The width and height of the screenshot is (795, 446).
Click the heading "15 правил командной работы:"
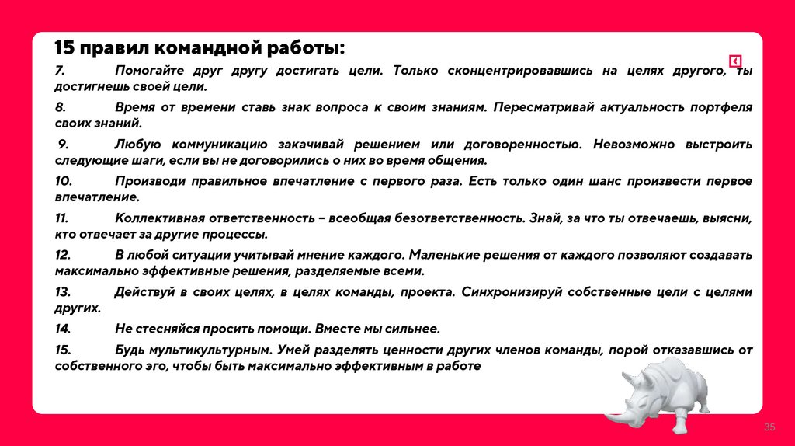click(x=200, y=49)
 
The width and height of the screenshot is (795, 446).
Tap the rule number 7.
click(x=59, y=71)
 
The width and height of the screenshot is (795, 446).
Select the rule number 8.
click(x=60, y=107)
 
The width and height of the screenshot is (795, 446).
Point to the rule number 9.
click(x=64, y=145)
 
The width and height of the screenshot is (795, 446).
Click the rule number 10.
click(x=63, y=181)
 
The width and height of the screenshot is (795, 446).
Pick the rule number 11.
click(x=61, y=218)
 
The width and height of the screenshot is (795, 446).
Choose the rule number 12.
click(x=63, y=255)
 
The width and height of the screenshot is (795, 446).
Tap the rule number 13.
click(x=63, y=292)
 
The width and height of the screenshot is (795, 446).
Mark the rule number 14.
click(x=63, y=329)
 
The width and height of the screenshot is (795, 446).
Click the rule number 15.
click(x=63, y=350)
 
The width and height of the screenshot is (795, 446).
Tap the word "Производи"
click(x=148, y=181)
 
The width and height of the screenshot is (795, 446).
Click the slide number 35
click(x=770, y=428)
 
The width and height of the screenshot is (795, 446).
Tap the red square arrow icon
click(x=735, y=62)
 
